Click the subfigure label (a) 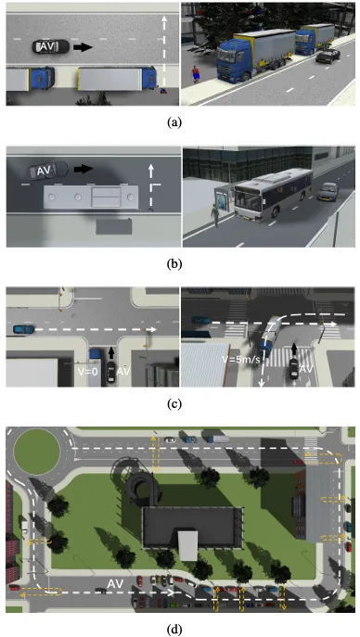[x=174, y=122]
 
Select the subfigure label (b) [x=174, y=264]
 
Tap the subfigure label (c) [x=174, y=404]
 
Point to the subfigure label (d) [x=174, y=630]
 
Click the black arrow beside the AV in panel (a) [x=83, y=47]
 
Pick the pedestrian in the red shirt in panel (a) [x=197, y=73]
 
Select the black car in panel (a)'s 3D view [x=328, y=56]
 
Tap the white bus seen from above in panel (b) [x=91, y=197]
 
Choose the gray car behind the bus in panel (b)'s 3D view [x=328, y=191]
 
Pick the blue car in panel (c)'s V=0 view [x=24, y=328]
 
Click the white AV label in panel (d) [x=115, y=584]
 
